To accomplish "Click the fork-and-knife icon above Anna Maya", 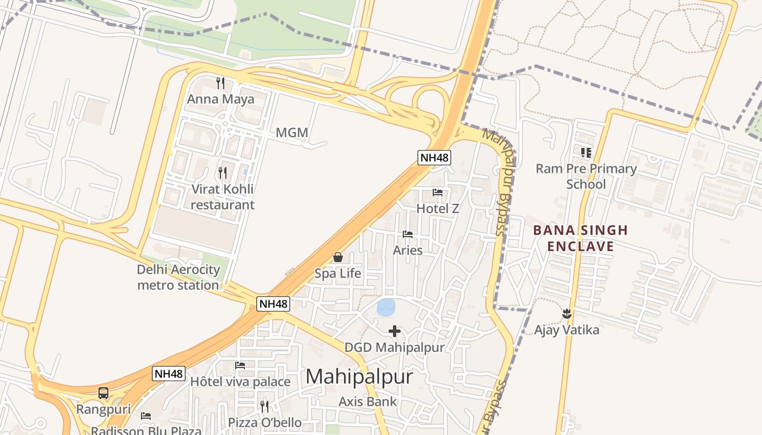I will click(x=220, y=83).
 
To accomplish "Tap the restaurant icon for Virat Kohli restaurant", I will click(x=223, y=173).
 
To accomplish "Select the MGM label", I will click(x=292, y=133).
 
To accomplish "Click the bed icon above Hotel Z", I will click(x=438, y=192).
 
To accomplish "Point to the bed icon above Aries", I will click(x=408, y=234).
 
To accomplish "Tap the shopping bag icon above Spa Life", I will click(x=338, y=257).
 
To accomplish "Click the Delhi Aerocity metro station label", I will click(x=179, y=277).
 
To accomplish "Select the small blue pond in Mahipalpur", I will click(x=386, y=307).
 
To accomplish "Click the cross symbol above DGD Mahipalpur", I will click(x=395, y=331).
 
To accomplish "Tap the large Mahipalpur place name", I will click(x=359, y=377).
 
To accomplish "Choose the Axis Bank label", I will click(x=368, y=402).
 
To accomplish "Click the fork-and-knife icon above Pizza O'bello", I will click(x=265, y=406).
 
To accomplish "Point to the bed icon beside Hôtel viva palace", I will click(x=240, y=365).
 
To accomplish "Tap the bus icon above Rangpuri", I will click(x=103, y=393).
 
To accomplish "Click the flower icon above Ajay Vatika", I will click(x=567, y=313).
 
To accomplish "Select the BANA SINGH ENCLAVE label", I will click(x=580, y=238).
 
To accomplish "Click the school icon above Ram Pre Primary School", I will click(x=586, y=153).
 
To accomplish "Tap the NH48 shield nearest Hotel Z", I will click(x=434, y=158).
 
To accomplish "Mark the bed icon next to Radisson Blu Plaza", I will click(x=146, y=416).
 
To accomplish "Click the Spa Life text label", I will click(x=338, y=274).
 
